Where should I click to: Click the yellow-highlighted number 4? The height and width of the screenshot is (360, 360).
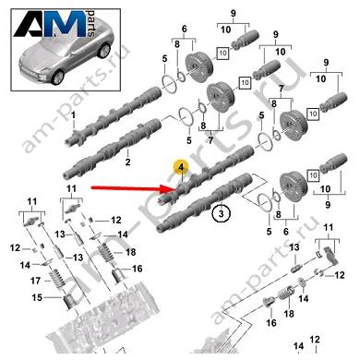coord(181,168)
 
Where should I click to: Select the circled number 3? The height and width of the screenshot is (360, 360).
coord(222,213)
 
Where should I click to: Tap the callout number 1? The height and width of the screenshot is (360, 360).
coord(73,115)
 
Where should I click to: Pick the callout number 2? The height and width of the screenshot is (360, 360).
coord(127,162)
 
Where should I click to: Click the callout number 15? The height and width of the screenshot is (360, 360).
coord(37,297)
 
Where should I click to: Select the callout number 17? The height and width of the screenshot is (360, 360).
coord(36,281)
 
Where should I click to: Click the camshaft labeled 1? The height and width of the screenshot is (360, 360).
coord(113,117)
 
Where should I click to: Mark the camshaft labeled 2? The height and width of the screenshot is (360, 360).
coord(113,148)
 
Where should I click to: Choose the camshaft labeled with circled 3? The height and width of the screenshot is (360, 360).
coord(205,202)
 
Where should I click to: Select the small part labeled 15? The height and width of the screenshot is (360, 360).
coord(68,302)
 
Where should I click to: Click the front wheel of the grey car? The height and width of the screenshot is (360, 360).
coord(57,77)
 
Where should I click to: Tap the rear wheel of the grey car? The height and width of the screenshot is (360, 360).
coord(104,51)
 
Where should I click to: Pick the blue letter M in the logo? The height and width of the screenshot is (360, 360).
coord(68,24)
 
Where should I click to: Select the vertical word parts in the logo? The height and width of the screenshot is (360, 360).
coord(91,23)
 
